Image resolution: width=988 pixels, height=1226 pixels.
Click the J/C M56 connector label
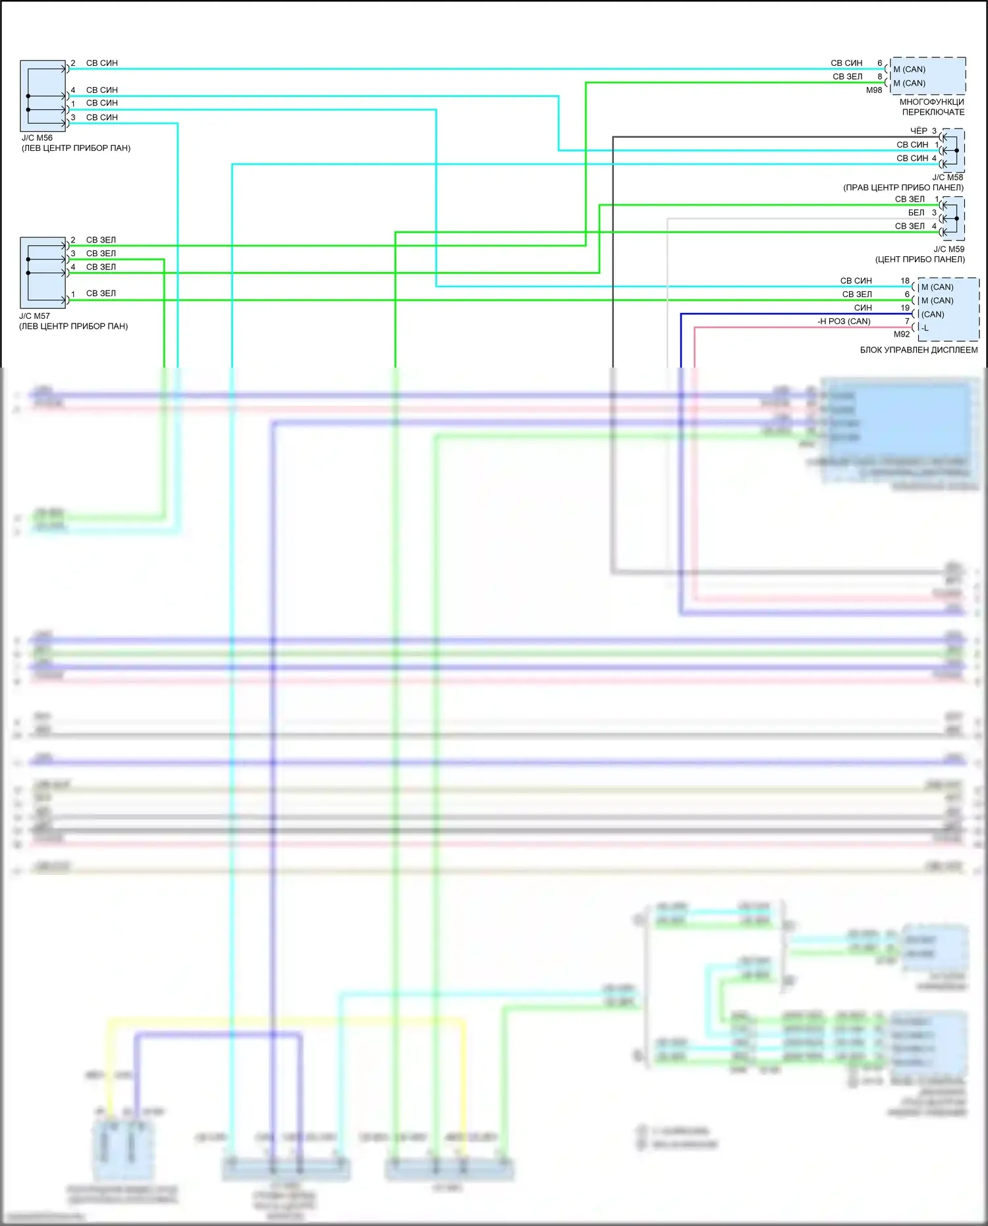[37, 138]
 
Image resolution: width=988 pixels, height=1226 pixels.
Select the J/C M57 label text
[34, 316]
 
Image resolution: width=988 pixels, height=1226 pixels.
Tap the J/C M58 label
[947, 177]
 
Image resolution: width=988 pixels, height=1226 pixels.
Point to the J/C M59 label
[948, 249]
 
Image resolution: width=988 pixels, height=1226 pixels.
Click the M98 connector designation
[873, 90]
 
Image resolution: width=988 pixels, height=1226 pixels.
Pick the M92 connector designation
[901, 334]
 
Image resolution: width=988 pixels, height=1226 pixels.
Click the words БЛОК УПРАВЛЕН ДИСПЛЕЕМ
[918, 350]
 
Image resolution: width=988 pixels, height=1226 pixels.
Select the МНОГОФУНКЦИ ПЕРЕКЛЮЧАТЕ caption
[932, 107]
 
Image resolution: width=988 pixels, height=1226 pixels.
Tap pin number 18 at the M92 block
[905, 281]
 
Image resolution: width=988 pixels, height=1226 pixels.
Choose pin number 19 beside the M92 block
[905, 308]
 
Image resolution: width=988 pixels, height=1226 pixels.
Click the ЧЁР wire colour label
[918, 130]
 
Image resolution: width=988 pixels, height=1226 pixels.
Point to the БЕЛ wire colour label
[916, 212]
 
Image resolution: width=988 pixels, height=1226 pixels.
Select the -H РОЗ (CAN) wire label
[844, 321]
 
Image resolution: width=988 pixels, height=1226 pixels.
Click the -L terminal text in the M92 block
[925, 328]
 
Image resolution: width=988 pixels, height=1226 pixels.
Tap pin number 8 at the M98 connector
[879, 76]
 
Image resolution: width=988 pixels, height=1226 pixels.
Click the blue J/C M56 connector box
[43, 96]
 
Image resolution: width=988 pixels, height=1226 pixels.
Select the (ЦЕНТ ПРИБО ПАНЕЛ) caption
[919, 260]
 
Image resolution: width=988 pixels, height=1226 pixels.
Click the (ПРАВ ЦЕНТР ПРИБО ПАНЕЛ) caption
[903, 188]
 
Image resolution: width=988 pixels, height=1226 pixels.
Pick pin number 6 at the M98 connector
[879, 63]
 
